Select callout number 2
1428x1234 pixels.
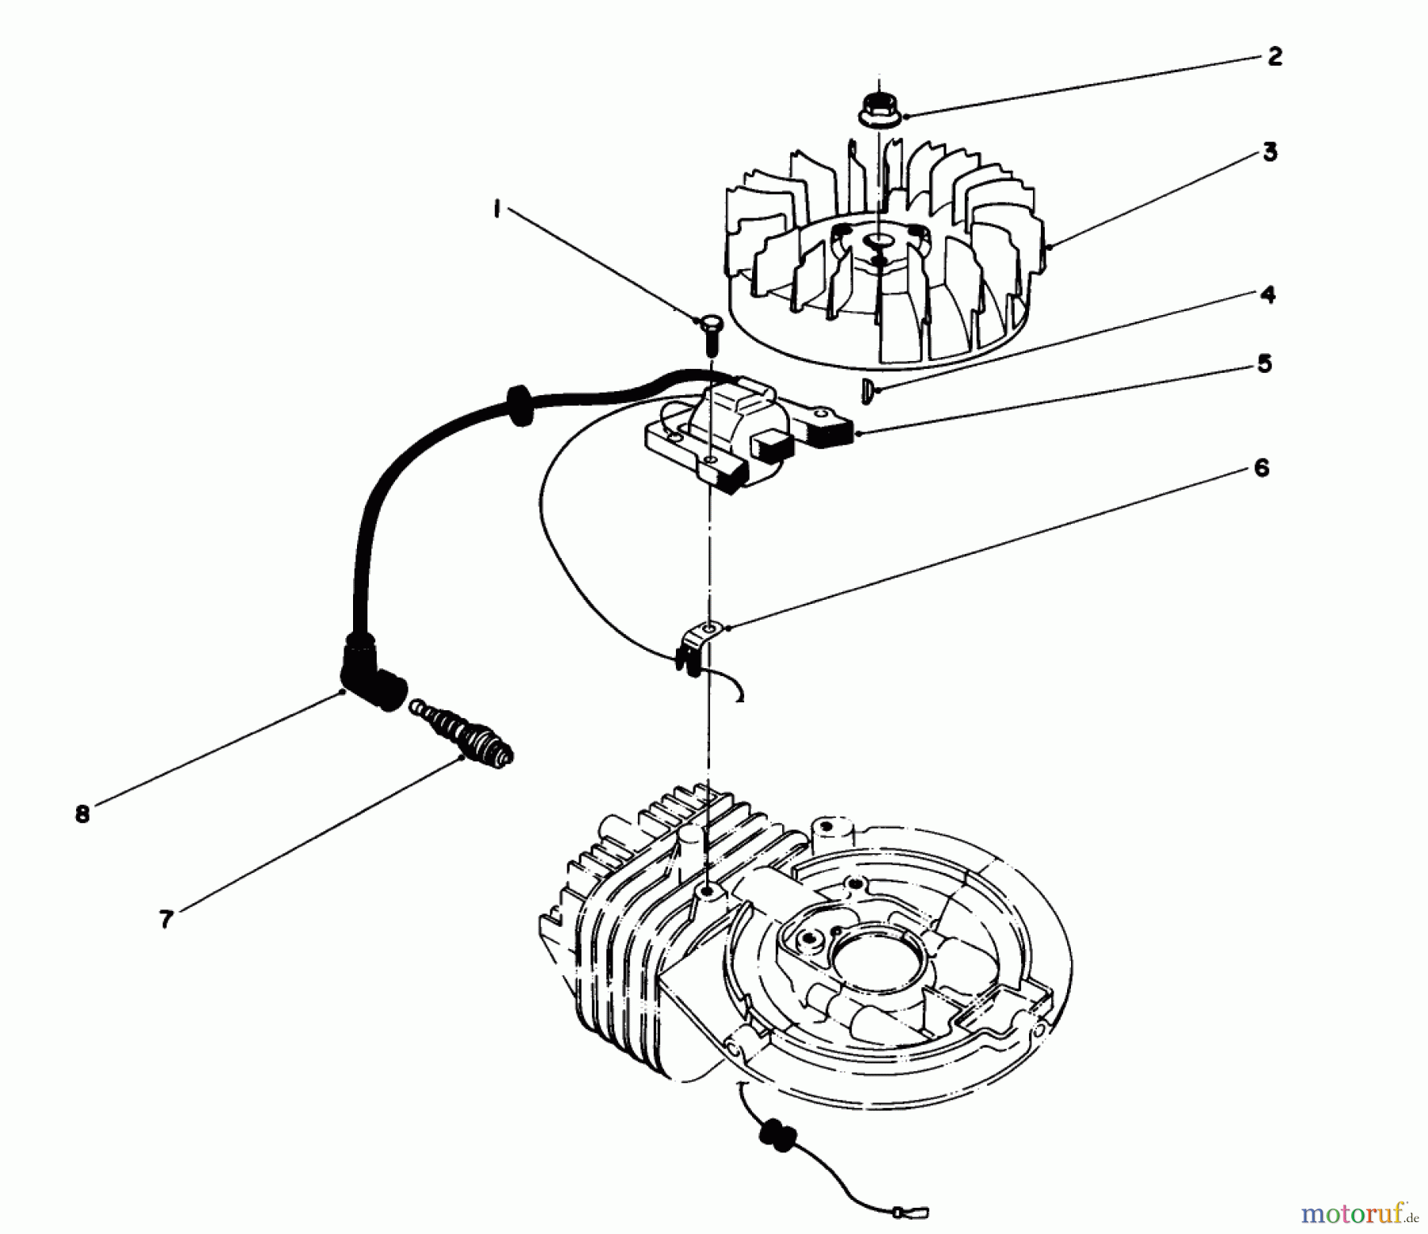[x=1274, y=57]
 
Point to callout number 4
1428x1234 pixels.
[x=1267, y=294]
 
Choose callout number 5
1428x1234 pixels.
[x=1264, y=364]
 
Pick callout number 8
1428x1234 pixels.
[x=83, y=815]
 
